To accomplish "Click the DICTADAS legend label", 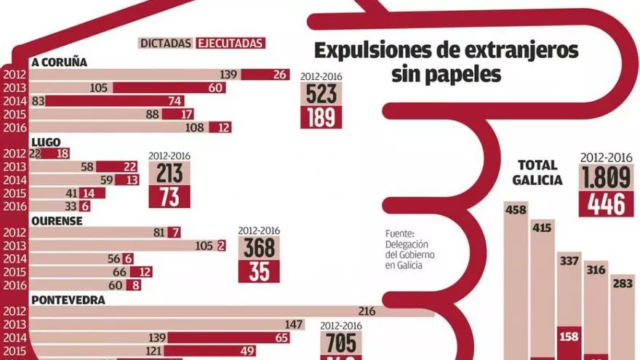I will coord(166,44).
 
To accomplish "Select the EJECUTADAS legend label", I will coord(231,44).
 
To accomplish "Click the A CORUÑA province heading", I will coord(59,62).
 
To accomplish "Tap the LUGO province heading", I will coord(45,142).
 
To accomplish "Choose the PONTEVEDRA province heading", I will coord(68,299).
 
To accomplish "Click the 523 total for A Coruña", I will coord(321,94).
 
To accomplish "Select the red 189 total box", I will coord(321,117).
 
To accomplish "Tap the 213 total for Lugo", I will coord(169,174).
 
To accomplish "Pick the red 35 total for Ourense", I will coord(259,271).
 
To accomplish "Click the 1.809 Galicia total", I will coord(604,177).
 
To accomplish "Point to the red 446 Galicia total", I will coord(604,204).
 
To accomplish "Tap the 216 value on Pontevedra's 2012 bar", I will coord(367,311).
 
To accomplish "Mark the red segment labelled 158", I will coord(568,336).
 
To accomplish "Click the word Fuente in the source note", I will coord(399,234).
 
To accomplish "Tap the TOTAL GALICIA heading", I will coord(538,172).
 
